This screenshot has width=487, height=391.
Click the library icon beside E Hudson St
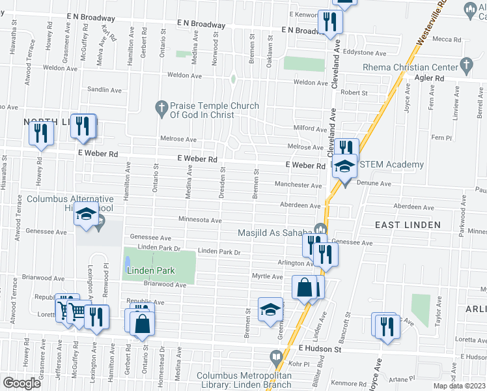(x=275, y=357)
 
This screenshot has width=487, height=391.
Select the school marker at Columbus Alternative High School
(x=85, y=216)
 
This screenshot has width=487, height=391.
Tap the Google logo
(x=21, y=383)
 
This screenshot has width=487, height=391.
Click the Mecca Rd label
(x=447, y=39)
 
